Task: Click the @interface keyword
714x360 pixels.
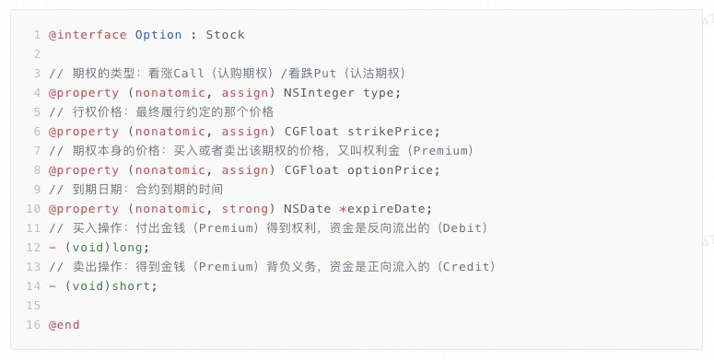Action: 88,35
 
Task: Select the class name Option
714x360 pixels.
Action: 158,35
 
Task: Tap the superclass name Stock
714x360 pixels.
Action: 225,35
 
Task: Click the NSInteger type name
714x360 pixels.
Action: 319,93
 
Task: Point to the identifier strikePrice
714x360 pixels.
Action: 390,132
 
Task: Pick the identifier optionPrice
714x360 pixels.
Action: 390,170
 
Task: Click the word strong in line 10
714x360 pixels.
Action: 244,209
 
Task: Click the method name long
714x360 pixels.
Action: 127,248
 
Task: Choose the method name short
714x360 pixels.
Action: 131,285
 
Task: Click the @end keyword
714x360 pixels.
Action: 64,325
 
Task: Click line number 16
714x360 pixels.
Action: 33,325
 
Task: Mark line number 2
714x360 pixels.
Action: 37,54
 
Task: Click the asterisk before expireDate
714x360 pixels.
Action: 343,209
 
